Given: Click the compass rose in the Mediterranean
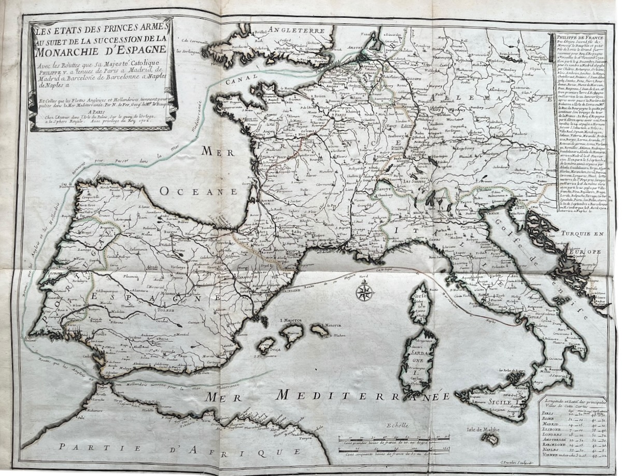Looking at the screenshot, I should (x=364, y=292).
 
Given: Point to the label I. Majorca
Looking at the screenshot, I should (x=291, y=320).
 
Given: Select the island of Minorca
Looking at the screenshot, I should (x=318, y=330).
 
